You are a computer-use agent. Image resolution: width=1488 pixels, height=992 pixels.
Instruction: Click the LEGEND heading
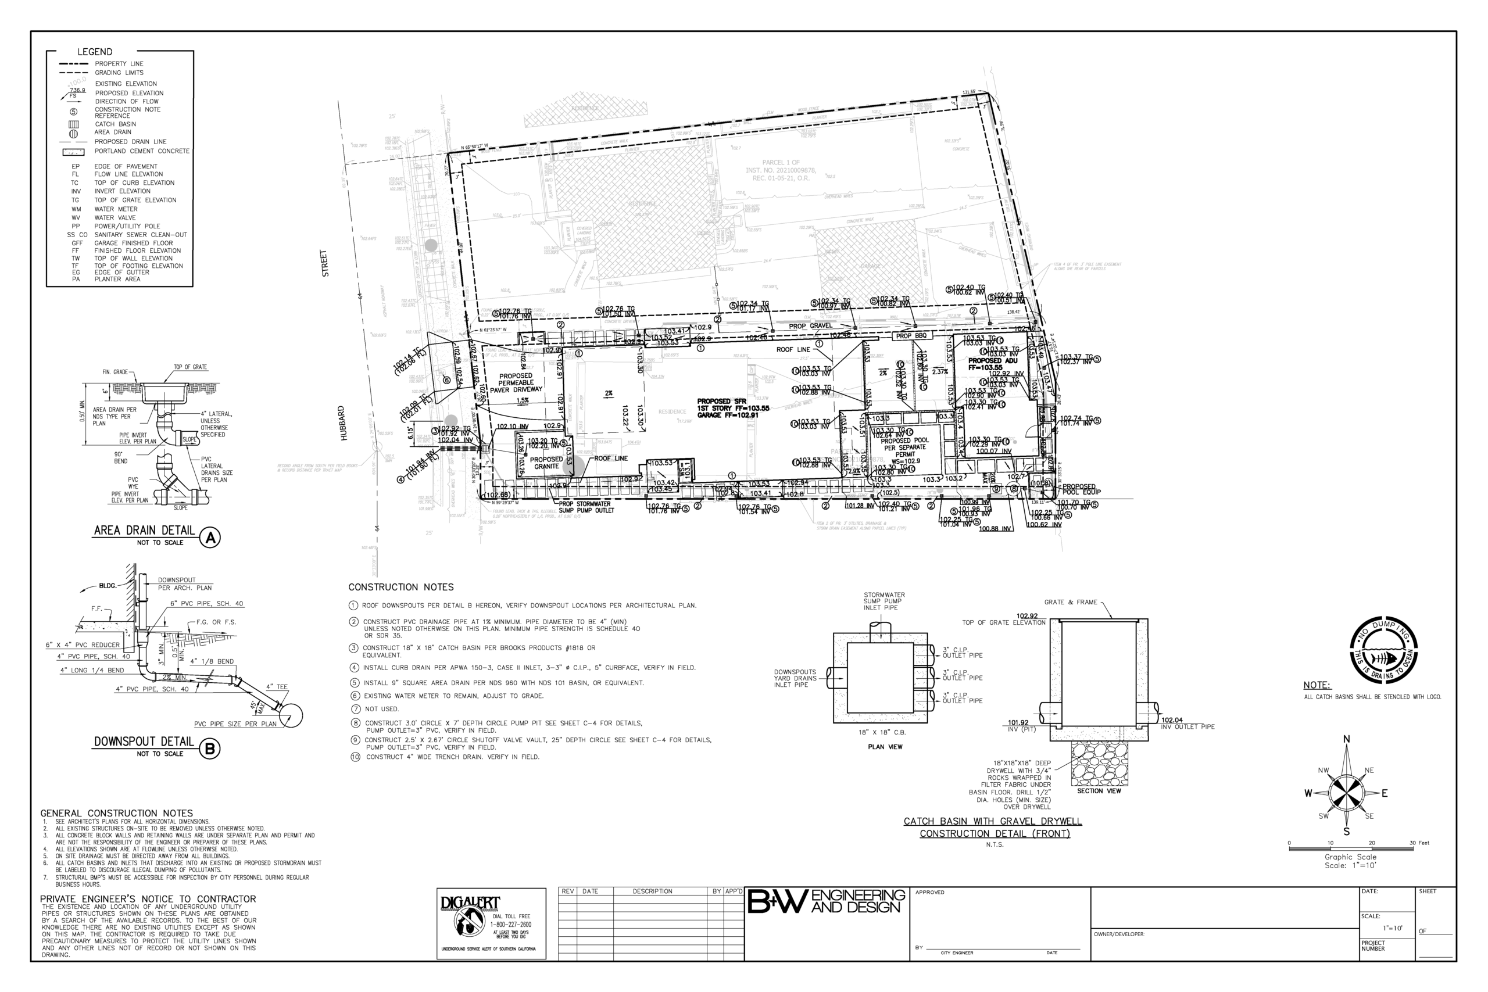tap(95, 52)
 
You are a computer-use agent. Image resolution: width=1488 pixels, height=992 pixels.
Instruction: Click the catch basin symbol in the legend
tap(73, 124)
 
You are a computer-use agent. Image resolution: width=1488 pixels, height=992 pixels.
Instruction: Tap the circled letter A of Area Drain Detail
tap(210, 538)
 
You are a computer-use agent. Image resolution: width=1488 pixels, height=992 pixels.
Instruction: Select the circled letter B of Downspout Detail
tap(210, 749)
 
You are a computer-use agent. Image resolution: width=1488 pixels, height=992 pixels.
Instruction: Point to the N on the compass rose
tap(1347, 739)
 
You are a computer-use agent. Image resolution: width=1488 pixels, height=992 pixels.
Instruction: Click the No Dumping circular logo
tap(1383, 650)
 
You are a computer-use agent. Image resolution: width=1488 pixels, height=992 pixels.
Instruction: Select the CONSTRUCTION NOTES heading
tap(401, 587)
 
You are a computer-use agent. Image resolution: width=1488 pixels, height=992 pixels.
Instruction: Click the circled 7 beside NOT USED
tap(356, 709)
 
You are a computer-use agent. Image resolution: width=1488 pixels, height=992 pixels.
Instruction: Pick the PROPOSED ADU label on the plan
tap(993, 364)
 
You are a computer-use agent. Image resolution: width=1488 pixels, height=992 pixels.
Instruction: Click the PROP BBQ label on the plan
tap(911, 336)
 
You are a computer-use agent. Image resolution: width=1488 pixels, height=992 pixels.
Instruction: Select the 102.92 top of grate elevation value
tap(1027, 616)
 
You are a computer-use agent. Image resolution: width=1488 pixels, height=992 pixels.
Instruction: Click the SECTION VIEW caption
tap(1099, 791)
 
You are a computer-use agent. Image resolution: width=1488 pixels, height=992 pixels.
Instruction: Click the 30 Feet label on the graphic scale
tap(1419, 843)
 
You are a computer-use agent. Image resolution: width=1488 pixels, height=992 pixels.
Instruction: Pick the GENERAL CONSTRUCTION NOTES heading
tap(116, 813)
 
